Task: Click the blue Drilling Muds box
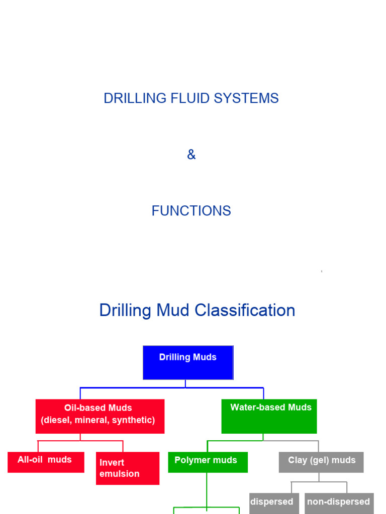coord(188,362)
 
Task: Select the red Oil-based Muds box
coord(100,416)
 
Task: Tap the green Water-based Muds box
coord(269,416)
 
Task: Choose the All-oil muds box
coord(46,462)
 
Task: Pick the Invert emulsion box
coord(128,468)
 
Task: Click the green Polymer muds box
coord(208,462)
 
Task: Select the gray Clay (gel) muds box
coord(321,462)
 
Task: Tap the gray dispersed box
coord(274,503)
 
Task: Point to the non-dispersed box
coord(339,503)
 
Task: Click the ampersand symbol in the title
coord(191,155)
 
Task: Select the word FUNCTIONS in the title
coord(191,211)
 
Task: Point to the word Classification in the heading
coord(245,311)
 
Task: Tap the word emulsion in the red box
coord(120,474)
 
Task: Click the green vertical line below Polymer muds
coord(207,489)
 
